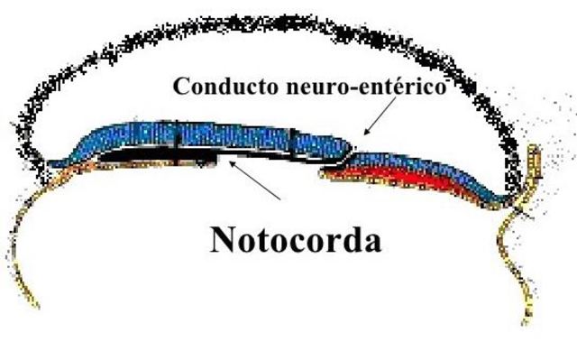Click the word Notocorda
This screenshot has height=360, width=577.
[x=294, y=239]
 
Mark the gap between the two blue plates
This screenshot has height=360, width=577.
[x=347, y=155]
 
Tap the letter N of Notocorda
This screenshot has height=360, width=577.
[x=222, y=239]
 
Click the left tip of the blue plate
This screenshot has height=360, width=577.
[x=50, y=163]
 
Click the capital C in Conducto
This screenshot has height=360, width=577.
[x=180, y=88]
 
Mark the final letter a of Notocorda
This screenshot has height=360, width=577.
[x=371, y=242]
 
